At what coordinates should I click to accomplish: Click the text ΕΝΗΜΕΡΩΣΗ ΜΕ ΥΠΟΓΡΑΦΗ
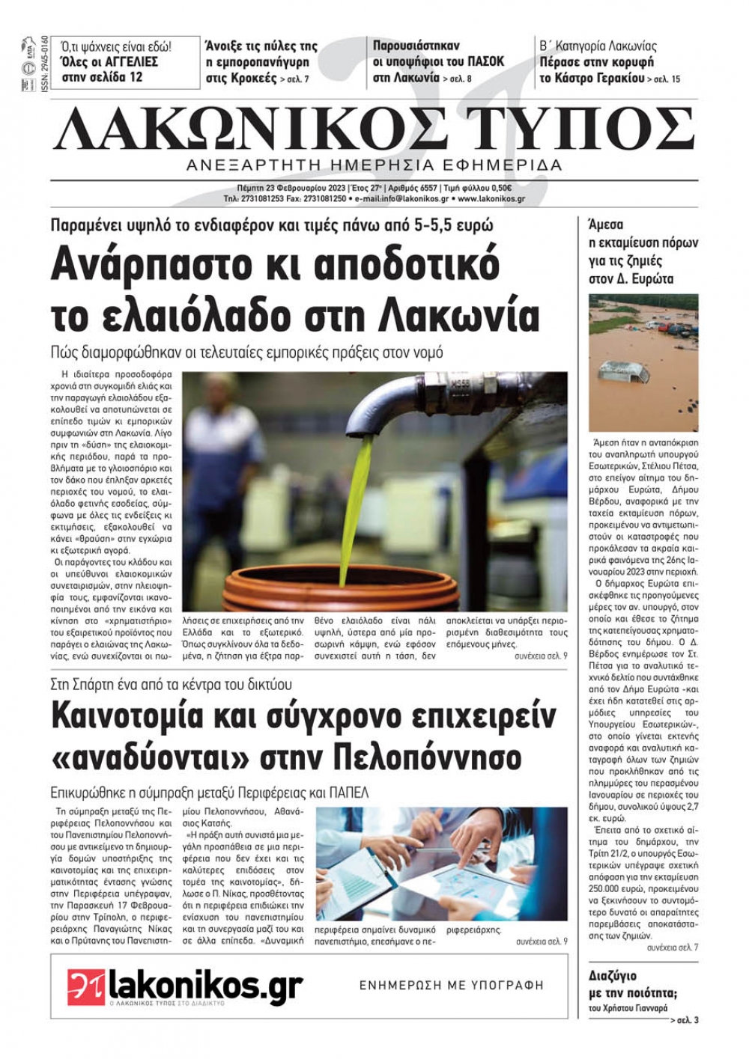click(x=452, y=986)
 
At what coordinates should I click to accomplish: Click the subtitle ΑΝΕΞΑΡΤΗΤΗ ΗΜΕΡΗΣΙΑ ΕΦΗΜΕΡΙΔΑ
click(x=374, y=165)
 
